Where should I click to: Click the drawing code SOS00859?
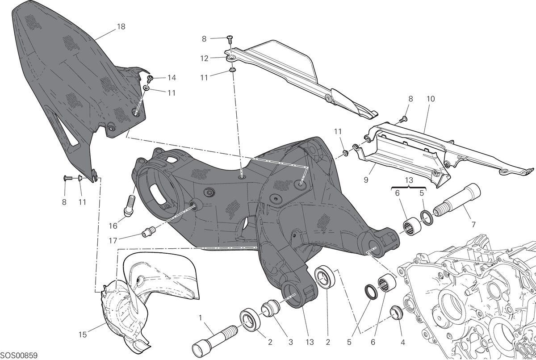[19, 355]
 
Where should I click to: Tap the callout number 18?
[121, 26]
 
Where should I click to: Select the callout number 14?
[172, 78]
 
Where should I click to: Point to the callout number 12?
[205, 59]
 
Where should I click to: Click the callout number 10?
[431, 99]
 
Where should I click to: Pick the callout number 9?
[366, 180]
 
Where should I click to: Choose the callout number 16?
[113, 226]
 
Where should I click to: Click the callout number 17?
[113, 241]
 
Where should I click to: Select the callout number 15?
[83, 335]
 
